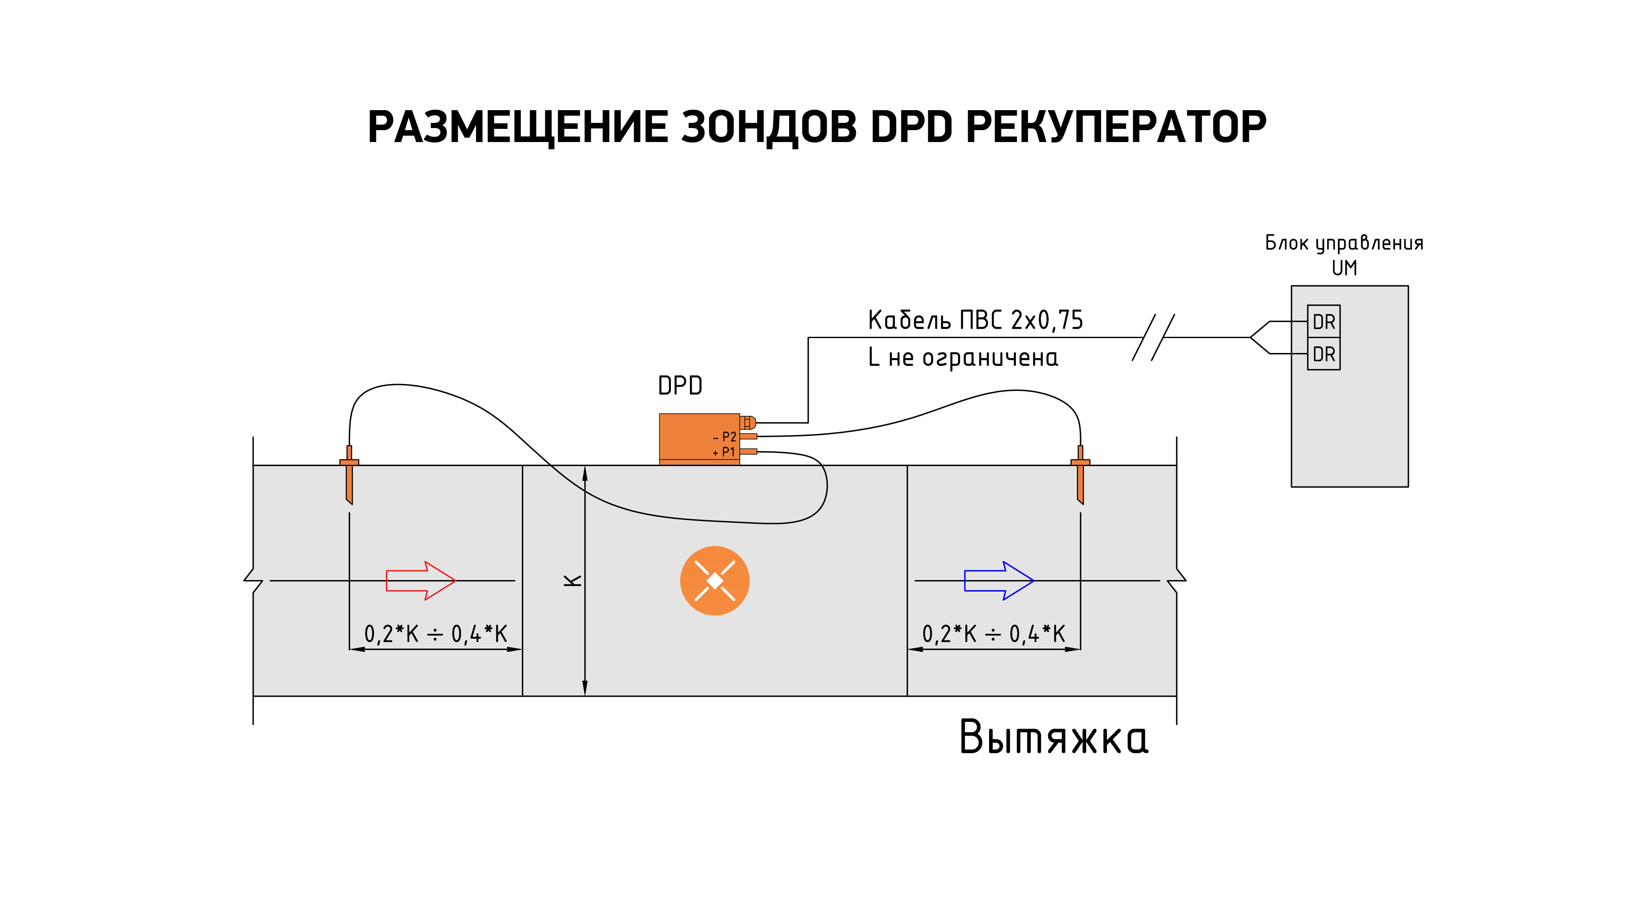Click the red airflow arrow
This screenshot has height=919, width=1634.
(x=421, y=580)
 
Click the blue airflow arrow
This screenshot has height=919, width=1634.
(x=999, y=580)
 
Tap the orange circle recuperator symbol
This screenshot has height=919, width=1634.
(x=715, y=580)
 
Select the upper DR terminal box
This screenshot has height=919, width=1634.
(x=1324, y=322)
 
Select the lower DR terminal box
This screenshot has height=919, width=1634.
(x=1324, y=354)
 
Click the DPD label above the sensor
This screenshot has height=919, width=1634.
(x=680, y=386)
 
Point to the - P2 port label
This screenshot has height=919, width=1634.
(x=724, y=437)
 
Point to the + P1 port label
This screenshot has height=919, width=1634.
(x=724, y=452)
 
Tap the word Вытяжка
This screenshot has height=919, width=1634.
(x=1054, y=737)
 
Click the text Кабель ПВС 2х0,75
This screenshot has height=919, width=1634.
(x=975, y=320)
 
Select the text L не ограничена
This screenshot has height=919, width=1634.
(x=963, y=358)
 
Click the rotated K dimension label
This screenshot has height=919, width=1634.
(x=573, y=580)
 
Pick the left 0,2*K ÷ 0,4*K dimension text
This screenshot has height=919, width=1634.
(x=436, y=634)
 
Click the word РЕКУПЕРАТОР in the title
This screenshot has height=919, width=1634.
(x=1116, y=127)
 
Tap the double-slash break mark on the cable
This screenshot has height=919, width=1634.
(x=1153, y=337)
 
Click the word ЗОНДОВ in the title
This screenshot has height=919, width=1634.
(x=769, y=127)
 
